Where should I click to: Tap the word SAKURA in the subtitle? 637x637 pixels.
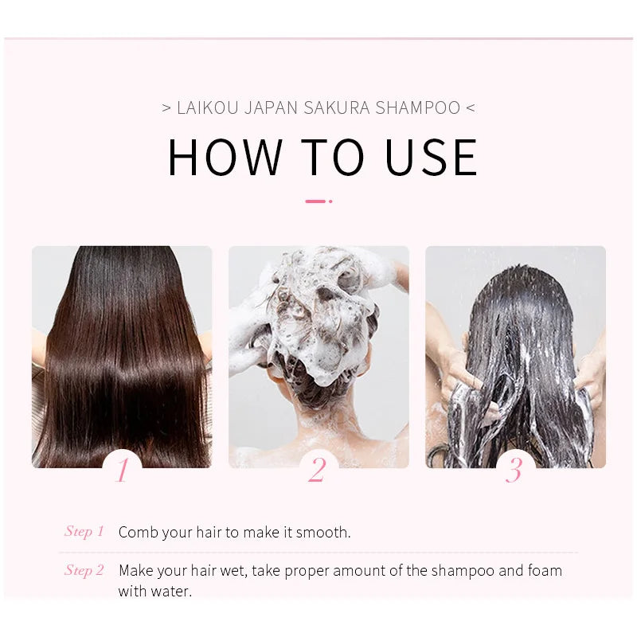pos(337,108)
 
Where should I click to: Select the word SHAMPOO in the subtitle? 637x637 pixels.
pos(417,108)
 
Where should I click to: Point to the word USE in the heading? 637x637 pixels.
pos(431,157)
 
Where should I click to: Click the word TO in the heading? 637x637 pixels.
pos(333,157)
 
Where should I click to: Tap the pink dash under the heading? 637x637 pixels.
pos(315,201)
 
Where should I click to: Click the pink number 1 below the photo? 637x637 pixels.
pos(123,470)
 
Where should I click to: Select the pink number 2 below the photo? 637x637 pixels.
pos(317,470)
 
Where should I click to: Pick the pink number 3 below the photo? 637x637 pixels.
pos(514,470)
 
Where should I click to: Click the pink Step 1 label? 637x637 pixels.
pos(84,531)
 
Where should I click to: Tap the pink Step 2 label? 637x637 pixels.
pos(84,570)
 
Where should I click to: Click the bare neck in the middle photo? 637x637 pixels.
pos(325,423)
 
